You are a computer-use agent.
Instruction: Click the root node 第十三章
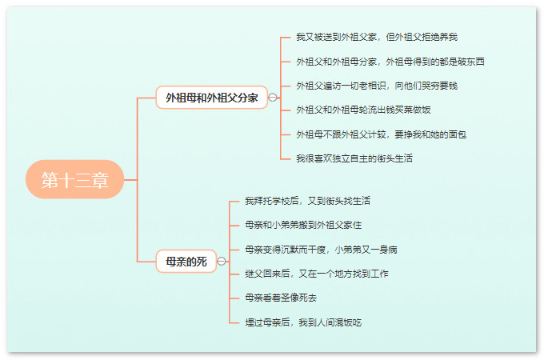pyautogui.click(x=74, y=179)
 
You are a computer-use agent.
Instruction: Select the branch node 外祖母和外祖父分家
pyautogui.click(x=212, y=98)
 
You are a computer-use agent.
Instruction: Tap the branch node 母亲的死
pyautogui.click(x=186, y=261)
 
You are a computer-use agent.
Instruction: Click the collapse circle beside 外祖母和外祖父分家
pyautogui.click(x=273, y=98)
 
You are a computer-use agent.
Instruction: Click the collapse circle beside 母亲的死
pyautogui.click(x=222, y=261)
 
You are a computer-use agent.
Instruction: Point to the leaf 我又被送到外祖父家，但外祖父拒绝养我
pyautogui.click(x=377, y=37)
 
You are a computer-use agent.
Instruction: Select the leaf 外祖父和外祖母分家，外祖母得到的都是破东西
pyautogui.click(x=390, y=62)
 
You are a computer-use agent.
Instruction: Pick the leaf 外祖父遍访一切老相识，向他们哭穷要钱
pyautogui.click(x=377, y=86)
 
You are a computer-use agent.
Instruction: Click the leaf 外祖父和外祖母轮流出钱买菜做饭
pyautogui.click(x=363, y=110)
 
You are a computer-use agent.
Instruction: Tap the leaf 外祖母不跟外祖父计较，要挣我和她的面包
pyautogui.click(x=381, y=134)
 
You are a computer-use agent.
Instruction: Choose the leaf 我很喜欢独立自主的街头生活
pyautogui.click(x=354, y=158)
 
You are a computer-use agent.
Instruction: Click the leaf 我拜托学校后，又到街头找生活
pyautogui.click(x=307, y=201)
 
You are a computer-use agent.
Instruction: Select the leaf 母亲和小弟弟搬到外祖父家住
pyautogui.click(x=303, y=225)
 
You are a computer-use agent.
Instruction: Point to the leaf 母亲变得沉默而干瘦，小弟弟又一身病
pyautogui.click(x=321, y=250)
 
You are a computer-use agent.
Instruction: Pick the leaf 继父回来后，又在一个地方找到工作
pyautogui.click(x=317, y=274)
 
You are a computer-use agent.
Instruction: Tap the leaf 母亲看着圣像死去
pyautogui.click(x=281, y=298)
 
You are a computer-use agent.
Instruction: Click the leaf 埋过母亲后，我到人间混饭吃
pyautogui.click(x=303, y=322)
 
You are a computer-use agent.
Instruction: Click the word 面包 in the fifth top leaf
pyautogui.click(x=458, y=134)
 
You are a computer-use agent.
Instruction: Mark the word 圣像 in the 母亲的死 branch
pyautogui.click(x=290, y=298)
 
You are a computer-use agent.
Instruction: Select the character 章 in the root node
pyautogui.click(x=100, y=180)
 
